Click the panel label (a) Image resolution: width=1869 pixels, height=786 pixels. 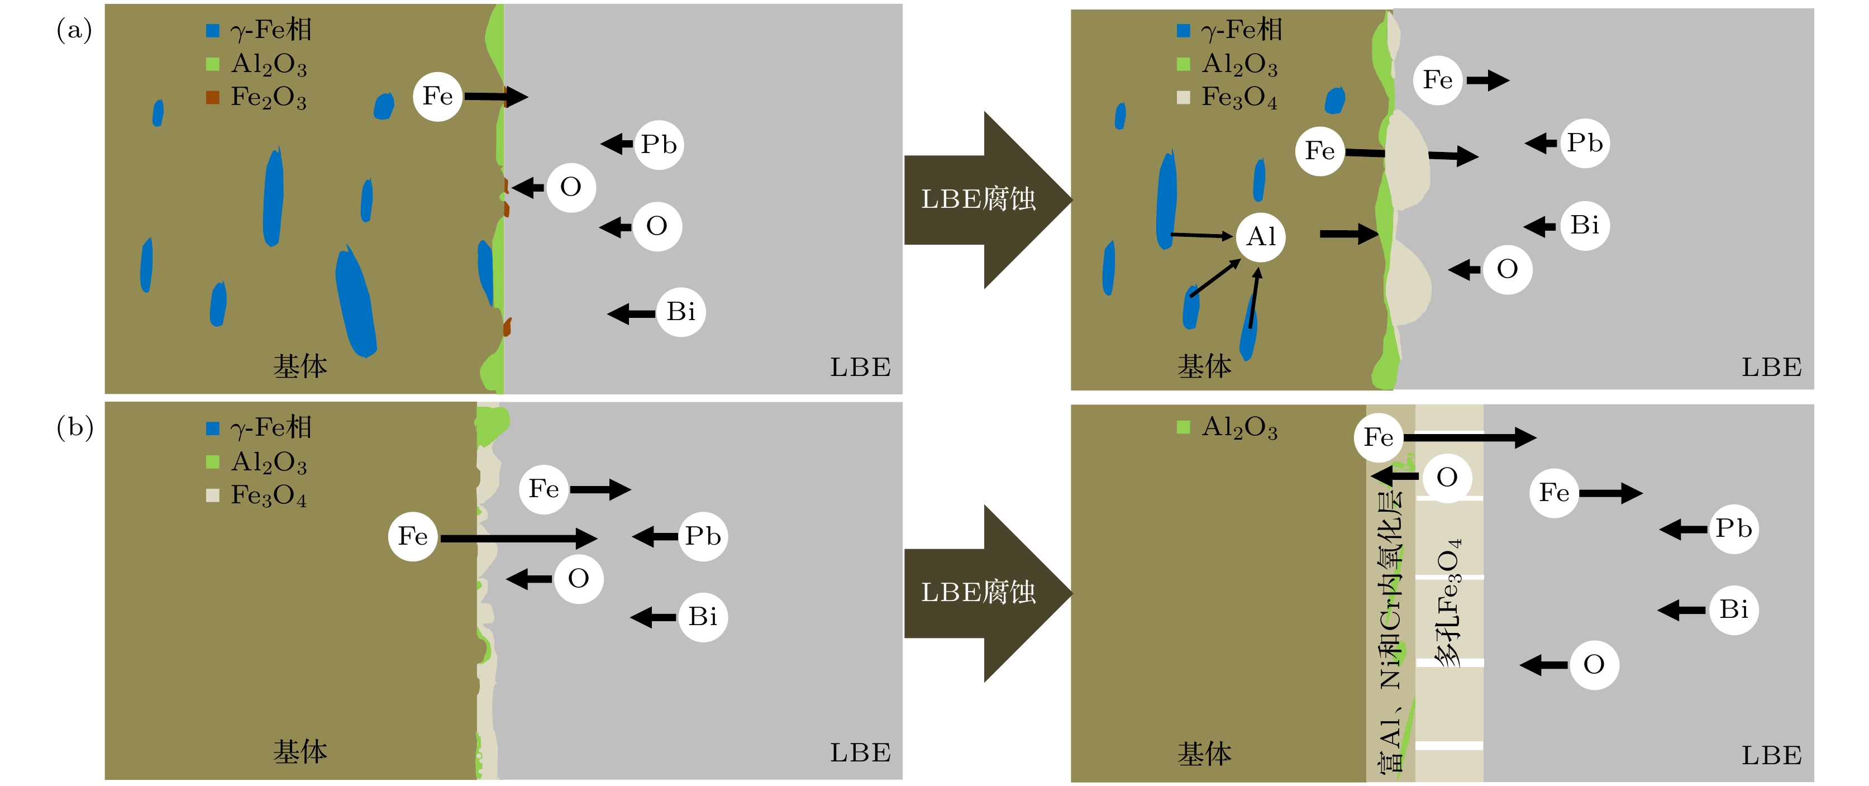click(74, 31)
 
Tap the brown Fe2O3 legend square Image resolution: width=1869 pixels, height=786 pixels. click(213, 97)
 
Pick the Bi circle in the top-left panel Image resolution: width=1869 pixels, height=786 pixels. click(680, 312)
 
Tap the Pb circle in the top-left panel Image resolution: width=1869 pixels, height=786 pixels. click(659, 145)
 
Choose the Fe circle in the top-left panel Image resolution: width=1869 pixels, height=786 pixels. click(437, 96)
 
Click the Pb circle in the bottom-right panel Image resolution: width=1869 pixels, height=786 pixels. click(1733, 528)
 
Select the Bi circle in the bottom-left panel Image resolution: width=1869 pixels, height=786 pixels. click(702, 617)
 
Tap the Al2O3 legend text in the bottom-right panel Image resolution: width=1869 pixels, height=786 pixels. click(1239, 427)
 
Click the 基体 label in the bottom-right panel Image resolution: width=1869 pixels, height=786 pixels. click(1204, 754)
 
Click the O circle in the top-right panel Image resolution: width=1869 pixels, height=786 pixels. click(1507, 269)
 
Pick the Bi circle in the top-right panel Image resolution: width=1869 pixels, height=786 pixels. click(1585, 225)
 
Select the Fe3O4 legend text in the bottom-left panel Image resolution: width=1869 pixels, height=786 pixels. click(269, 496)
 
